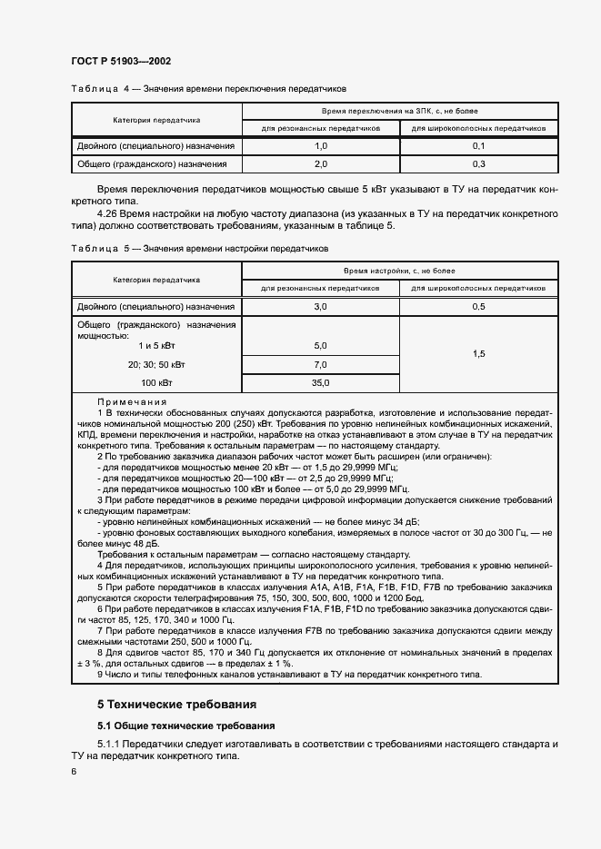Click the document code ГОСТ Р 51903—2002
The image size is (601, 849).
pos(120,61)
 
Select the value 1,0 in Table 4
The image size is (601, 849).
pos(320,146)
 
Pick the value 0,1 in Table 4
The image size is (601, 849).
pos(479,146)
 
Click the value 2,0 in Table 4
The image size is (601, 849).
pos(320,164)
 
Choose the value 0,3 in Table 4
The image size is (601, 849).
pos(479,164)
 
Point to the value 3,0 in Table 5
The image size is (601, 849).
pos(320,308)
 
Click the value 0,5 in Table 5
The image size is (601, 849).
pos(479,308)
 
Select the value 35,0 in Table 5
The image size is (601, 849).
pos(320,383)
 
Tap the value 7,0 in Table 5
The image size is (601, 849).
pos(320,364)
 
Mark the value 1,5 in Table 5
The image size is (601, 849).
pos(479,355)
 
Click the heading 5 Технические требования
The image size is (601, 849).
pos(177,704)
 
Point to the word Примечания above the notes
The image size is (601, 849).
pos(132,401)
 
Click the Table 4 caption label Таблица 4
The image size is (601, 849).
pos(94,89)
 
